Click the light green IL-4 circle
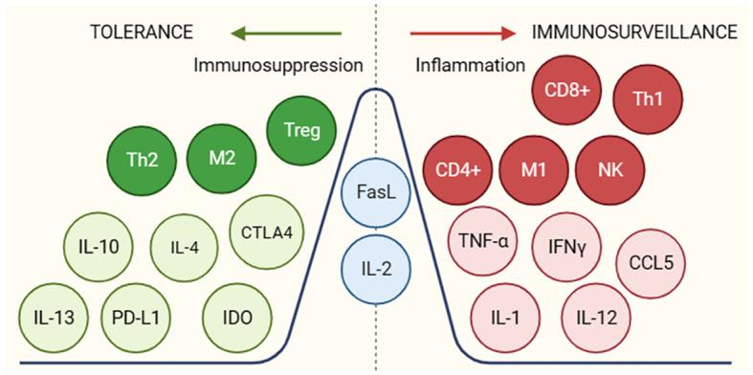click(x=184, y=247)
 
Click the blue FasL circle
click(x=375, y=192)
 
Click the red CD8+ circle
click(x=566, y=91)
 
